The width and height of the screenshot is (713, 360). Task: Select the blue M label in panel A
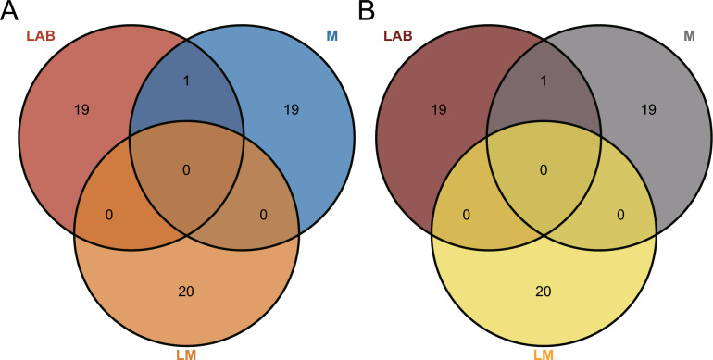[x=331, y=36]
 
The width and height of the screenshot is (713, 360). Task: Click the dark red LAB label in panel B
[x=399, y=36]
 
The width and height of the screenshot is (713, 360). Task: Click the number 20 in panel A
[x=187, y=292]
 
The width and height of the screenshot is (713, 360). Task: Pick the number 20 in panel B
[x=544, y=292]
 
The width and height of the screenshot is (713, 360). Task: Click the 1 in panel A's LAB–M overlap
[x=187, y=81]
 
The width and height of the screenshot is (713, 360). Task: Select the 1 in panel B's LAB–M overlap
[x=544, y=81]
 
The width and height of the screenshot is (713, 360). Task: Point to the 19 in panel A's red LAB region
[x=81, y=109]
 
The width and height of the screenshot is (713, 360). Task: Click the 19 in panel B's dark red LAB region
[x=439, y=109]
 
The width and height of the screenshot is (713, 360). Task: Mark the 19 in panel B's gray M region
[x=648, y=109]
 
